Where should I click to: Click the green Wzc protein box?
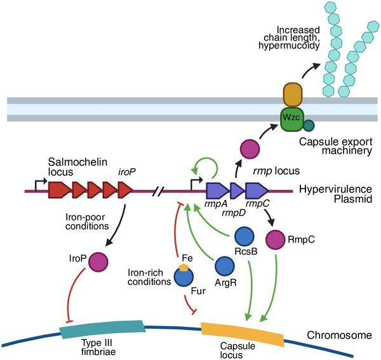click(289, 118)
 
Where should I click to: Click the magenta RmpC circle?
click(277, 239)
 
